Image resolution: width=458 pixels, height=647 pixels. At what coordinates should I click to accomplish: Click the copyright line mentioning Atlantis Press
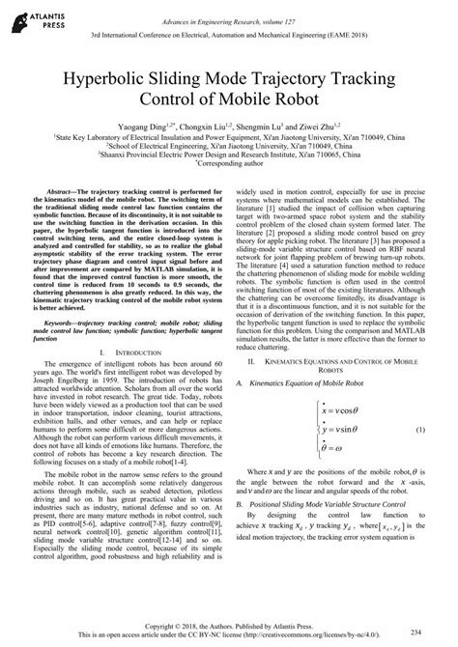tap(229, 625)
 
